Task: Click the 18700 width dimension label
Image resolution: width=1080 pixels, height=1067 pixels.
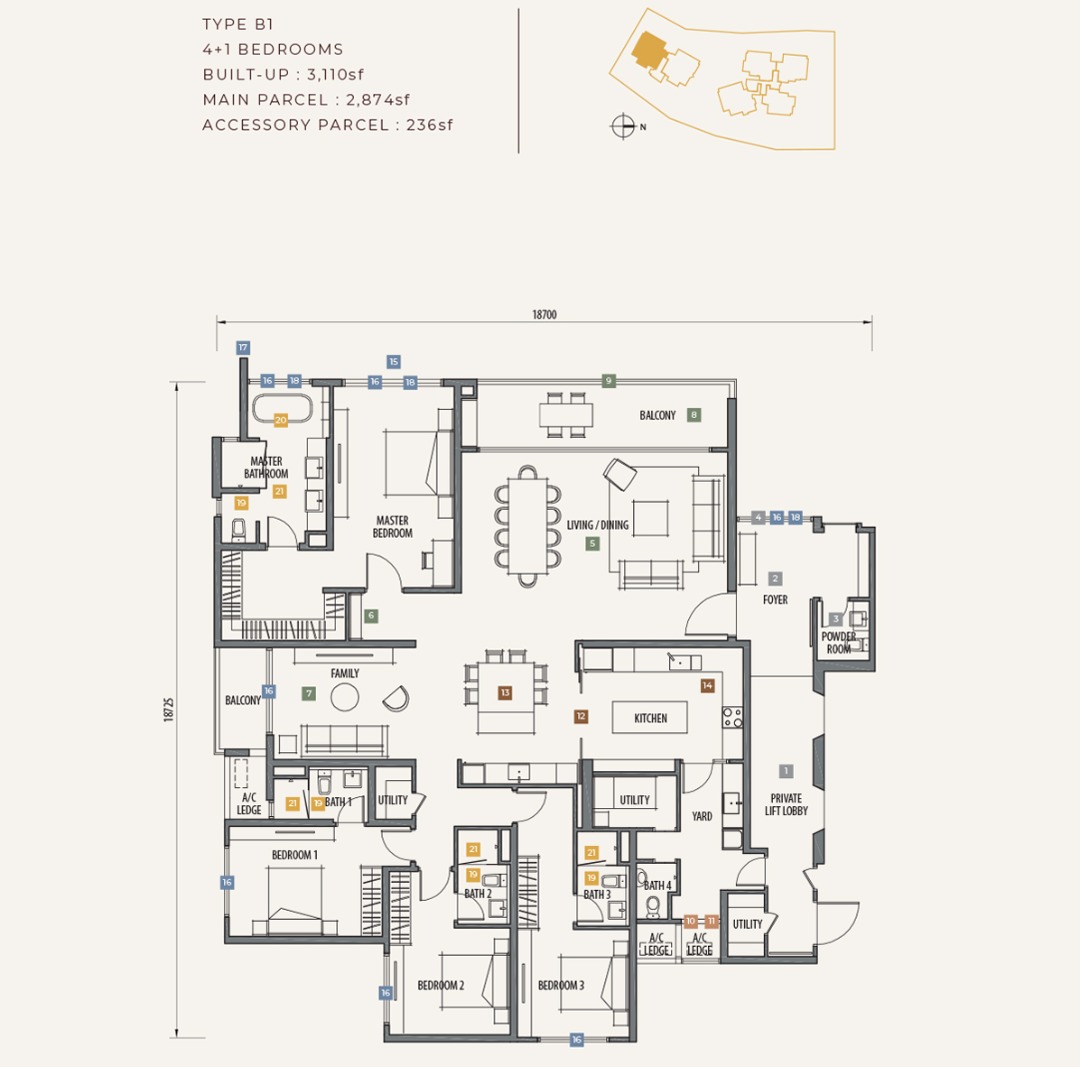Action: (x=544, y=315)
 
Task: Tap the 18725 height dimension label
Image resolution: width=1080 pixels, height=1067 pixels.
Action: (x=169, y=709)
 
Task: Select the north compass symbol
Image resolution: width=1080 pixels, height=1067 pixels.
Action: (x=623, y=126)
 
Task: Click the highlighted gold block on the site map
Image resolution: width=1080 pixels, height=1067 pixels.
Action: (x=649, y=50)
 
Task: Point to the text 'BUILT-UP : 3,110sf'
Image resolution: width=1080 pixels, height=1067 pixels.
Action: (x=283, y=74)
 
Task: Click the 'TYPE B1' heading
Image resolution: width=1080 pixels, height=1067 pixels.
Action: (x=238, y=24)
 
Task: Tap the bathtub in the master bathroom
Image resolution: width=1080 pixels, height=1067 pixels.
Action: (x=281, y=408)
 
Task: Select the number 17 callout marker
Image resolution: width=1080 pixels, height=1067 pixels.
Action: (x=242, y=348)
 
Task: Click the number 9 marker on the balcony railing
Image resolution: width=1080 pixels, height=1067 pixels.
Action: (x=608, y=381)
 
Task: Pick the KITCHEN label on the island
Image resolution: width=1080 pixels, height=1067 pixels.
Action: (x=650, y=718)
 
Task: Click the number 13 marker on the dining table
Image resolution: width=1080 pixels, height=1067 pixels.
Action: (x=505, y=693)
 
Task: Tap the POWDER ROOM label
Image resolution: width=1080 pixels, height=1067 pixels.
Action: (x=839, y=643)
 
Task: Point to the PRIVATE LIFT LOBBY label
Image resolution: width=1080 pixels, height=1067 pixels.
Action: (x=786, y=805)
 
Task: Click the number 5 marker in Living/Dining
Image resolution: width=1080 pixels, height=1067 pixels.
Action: (x=592, y=543)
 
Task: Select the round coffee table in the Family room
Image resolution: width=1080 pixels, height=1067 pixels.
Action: (x=344, y=698)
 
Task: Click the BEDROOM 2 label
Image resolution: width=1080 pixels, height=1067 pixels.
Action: (x=441, y=986)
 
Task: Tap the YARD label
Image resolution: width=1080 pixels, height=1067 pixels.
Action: (x=702, y=816)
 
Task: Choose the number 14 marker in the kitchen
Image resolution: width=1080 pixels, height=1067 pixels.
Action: (x=707, y=685)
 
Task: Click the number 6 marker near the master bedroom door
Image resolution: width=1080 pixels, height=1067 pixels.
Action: (x=371, y=616)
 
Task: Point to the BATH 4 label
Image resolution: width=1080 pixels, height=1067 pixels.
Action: (x=658, y=885)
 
